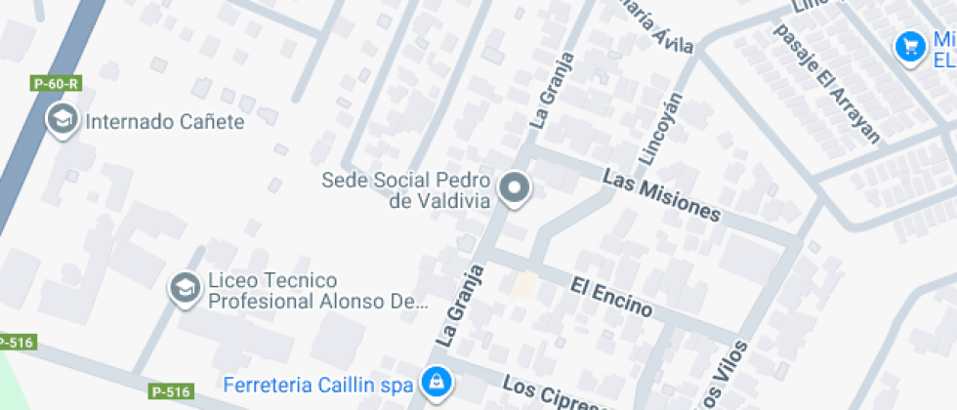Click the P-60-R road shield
(56, 84)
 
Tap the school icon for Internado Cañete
(63, 121)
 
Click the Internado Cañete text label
(165, 122)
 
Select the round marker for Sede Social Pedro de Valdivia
(514, 188)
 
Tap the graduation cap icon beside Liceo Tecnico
(183, 289)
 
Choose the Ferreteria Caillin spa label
(318, 385)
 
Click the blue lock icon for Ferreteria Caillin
(435, 381)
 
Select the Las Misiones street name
(661, 196)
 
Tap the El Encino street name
(611, 297)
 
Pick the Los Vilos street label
(724, 376)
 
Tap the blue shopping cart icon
(910, 46)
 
